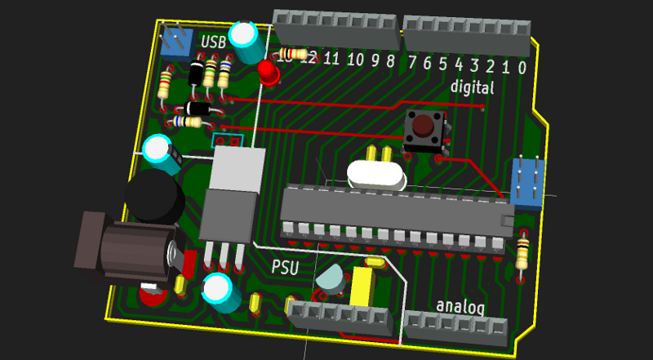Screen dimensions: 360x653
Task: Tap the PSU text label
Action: click(285, 267)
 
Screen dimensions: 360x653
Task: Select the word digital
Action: click(473, 87)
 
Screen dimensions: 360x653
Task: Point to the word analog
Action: click(460, 306)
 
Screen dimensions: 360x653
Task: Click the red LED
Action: click(269, 73)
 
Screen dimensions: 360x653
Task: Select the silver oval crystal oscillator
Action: click(376, 174)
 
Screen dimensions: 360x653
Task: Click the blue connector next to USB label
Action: click(175, 41)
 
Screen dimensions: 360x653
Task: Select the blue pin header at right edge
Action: click(526, 182)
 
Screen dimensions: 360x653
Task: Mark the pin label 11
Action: click(331, 58)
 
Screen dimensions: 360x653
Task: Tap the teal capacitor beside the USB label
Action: click(245, 42)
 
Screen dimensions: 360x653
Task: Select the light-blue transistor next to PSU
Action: click(331, 280)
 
